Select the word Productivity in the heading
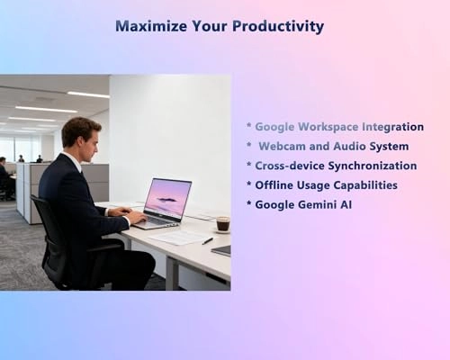[x=279, y=26]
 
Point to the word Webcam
[x=283, y=146]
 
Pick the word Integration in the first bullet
[x=391, y=127]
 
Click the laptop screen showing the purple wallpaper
[x=168, y=197]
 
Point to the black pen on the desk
[x=207, y=241]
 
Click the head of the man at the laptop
[x=82, y=135]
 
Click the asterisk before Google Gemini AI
[x=249, y=204]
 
